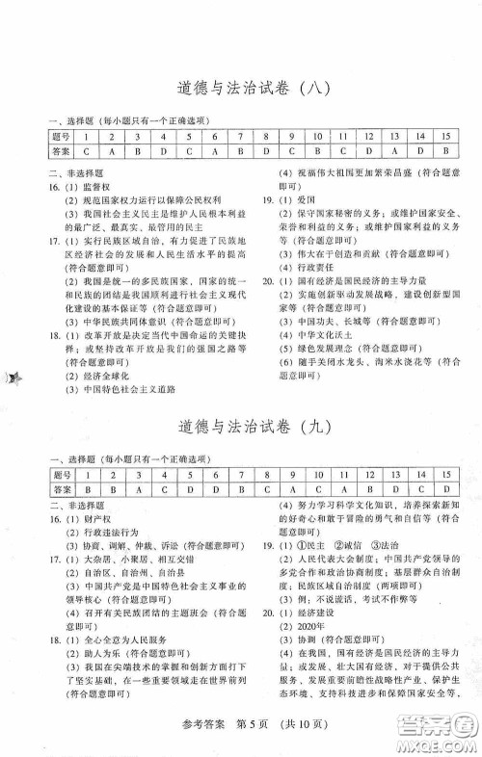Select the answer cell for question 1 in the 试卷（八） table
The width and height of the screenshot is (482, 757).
(87, 151)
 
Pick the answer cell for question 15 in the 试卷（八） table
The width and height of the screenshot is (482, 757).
(446, 151)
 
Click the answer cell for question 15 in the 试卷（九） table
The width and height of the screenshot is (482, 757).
(446, 490)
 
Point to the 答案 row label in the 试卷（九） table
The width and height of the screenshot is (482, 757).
(61, 490)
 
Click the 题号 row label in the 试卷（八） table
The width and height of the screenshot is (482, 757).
(61, 137)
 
